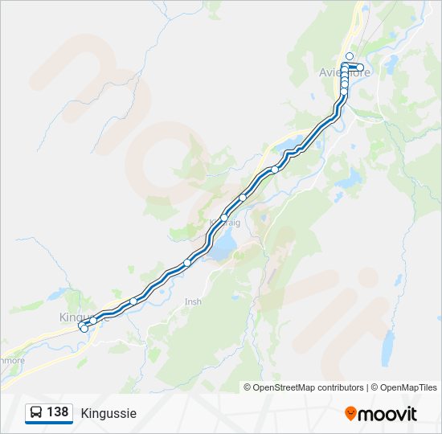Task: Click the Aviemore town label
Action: (345, 72)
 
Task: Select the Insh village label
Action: (193, 301)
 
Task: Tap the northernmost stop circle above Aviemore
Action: (350, 56)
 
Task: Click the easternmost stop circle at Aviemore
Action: (361, 68)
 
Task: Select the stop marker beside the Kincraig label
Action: (223, 218)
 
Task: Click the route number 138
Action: (57, 412)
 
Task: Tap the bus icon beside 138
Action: (36, 413)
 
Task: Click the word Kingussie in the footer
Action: (108, 413)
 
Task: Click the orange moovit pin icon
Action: (350, 414)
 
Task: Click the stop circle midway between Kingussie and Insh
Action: (133, 301)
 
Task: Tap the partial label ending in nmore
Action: (13, 360)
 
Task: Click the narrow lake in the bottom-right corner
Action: (388, 347)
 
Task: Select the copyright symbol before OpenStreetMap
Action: (248, 387)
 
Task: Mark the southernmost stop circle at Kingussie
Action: (84, 329)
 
